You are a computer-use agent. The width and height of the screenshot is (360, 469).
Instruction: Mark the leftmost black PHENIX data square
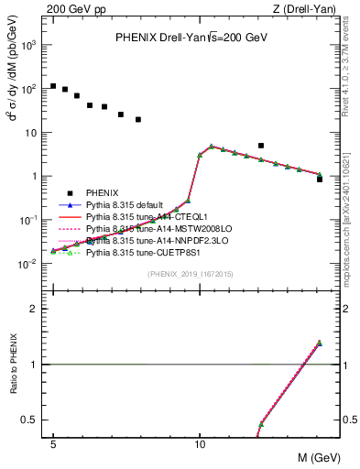point(53,86)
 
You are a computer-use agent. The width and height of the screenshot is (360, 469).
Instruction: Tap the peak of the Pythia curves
point(212,147)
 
